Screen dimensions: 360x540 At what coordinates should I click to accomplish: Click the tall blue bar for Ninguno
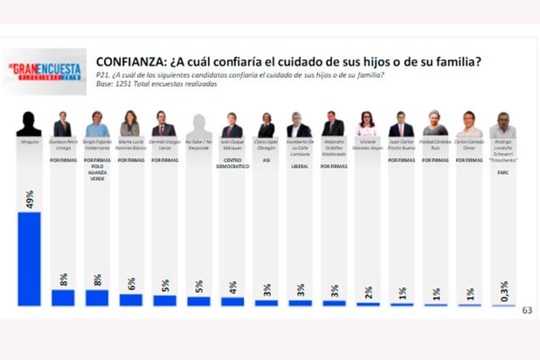tap(29, 259)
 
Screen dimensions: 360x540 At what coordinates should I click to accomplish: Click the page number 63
tap(526, 310)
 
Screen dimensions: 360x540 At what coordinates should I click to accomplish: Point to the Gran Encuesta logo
tap(44, 71)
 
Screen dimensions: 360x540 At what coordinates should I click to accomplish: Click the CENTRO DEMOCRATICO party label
tap(232, 163)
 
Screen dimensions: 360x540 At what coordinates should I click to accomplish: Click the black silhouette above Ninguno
tap(29, 124)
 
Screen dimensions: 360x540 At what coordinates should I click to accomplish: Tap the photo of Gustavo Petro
tap(62, 124)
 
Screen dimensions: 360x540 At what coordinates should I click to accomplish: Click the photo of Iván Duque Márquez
tap(232, 124)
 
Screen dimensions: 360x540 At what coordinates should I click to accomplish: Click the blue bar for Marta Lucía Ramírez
tap(130, 300)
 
